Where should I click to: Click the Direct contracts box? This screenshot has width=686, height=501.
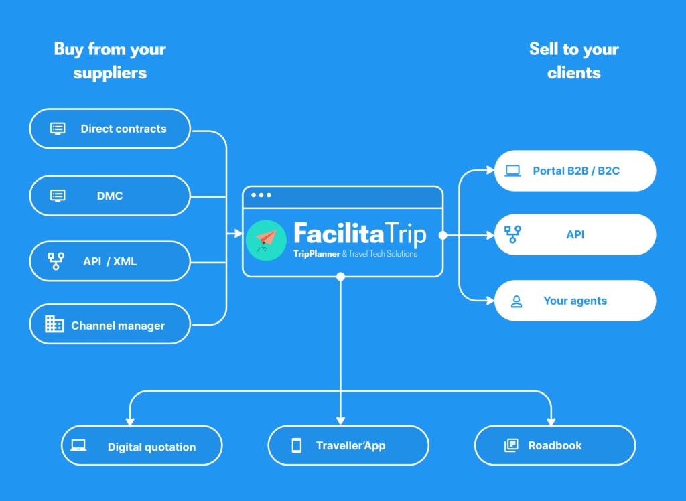coord(110,129)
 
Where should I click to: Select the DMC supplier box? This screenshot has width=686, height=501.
coord(110,196)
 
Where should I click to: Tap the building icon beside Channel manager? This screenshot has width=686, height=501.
coord(54,324)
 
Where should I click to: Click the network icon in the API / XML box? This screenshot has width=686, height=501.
coord(56,261)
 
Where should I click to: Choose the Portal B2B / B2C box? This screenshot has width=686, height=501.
coord(575,171)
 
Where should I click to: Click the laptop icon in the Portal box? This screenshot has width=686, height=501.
coord(512,171)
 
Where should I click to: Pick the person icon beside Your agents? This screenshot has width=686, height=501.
coord(517,301)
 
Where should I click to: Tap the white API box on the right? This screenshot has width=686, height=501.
coord(575,234)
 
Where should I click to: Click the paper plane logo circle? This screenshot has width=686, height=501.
coord(266,240)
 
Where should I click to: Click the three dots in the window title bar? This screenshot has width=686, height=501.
coord(261,195)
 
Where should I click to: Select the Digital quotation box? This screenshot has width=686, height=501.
coord(142,445)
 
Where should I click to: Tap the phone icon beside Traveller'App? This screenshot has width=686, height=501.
coord(297,445)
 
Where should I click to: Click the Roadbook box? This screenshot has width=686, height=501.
coord(555,445)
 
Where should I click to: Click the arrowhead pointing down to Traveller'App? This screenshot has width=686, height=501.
coord(341,421)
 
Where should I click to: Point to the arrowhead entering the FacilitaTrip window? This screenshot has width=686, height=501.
coord(238,234)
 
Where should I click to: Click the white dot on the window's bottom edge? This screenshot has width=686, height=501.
coord(341,277)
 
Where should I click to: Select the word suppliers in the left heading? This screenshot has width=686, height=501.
coord(110,73)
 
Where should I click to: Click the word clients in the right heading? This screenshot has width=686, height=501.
coord(574,72)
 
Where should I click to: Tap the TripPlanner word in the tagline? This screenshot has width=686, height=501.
coord(317,254)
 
